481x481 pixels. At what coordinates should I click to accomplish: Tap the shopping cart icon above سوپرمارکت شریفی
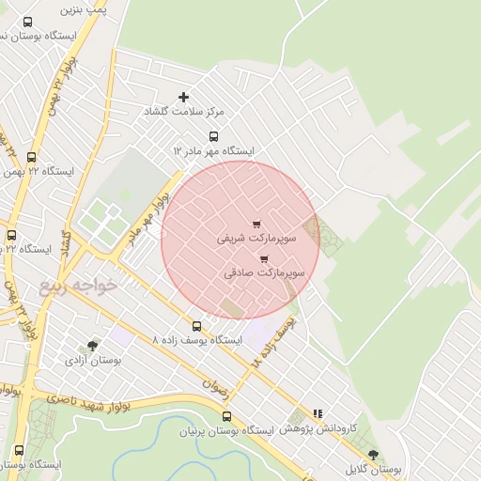click(256, 224)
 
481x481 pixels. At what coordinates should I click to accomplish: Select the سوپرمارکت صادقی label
click(265, 273)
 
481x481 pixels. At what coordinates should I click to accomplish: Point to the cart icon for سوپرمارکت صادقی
click(264, 258)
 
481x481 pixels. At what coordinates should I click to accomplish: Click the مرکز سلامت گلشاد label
click(183, 111)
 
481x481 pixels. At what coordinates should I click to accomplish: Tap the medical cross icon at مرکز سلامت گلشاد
click(183, 97)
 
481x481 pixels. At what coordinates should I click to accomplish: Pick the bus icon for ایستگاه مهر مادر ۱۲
click(214, 136)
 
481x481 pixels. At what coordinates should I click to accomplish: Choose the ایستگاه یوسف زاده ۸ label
click(197, 339)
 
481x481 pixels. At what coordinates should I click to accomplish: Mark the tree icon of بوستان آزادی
click(91, 346)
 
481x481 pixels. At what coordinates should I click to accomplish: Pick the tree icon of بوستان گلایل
click(373, 455)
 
